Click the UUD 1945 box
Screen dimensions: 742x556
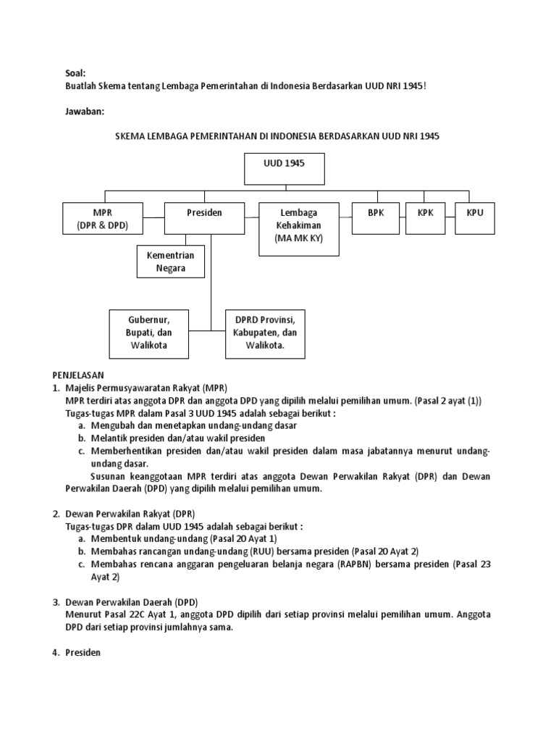284,169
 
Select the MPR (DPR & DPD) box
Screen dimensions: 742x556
102,218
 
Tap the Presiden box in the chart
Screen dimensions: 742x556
204,218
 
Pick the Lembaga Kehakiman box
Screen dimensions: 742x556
299,229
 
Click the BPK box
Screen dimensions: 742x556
374,218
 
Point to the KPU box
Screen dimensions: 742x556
474,218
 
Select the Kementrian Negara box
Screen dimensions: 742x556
171,262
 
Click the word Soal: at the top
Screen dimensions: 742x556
75,73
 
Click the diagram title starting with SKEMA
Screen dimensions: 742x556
278,136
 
